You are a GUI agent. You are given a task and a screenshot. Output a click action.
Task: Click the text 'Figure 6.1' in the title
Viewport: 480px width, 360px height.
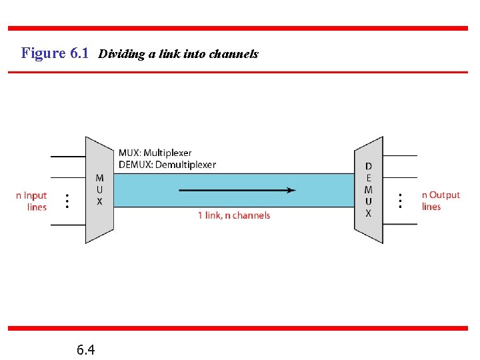point(55,53)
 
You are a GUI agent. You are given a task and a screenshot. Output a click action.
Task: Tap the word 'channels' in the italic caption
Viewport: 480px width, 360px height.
point(233,54)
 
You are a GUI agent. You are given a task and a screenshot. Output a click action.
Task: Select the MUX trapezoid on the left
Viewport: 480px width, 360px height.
point(99,190)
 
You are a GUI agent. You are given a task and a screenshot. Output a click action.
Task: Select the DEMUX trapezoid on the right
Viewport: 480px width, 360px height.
point(369,190)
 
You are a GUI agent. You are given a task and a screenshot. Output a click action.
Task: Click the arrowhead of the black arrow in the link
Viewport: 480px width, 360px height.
point(291,190)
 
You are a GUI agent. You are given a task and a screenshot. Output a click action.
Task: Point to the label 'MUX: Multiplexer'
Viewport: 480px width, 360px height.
point(155,153)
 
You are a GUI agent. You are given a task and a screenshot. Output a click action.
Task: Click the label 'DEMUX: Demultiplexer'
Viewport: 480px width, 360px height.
point(167,165)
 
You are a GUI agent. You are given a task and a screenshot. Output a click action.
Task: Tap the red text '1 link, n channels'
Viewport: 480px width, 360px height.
point(234,215)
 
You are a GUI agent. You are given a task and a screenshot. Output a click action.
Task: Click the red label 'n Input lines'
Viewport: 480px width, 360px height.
point(32,201)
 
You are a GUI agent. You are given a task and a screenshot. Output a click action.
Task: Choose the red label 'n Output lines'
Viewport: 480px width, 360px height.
point(440,201)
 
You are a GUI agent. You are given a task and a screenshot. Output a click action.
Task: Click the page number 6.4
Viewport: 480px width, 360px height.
point(85,349)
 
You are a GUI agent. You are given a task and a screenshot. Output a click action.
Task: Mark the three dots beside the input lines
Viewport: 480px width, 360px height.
point(67,201)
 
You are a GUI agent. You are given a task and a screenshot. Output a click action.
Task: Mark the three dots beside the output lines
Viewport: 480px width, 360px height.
point(400,201)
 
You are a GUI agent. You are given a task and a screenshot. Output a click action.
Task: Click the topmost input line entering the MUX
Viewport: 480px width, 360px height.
point(68,156)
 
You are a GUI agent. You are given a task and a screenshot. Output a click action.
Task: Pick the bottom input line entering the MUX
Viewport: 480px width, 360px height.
point(68,225)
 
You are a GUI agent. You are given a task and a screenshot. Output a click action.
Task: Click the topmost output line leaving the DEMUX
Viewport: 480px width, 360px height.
point(400,156)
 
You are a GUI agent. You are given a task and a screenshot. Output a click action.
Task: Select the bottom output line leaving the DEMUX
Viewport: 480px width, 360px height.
point(400,225)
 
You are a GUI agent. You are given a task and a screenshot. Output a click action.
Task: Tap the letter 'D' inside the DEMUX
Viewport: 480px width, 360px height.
point(369,166)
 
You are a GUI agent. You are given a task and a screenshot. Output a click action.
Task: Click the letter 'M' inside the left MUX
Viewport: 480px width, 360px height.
point(99,178)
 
